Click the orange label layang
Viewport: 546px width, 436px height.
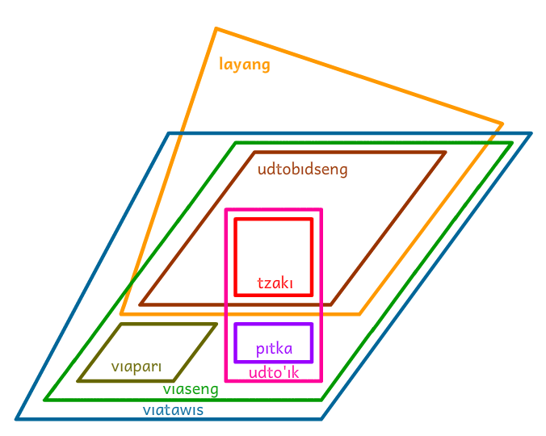click(x=245, y=65)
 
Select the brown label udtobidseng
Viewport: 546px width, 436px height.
click(x=302, y=170)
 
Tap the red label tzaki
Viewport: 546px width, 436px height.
click(x=274, y=283)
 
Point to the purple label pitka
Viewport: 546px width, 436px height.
click(x=274, y=350)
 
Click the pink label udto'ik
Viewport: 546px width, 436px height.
click(x=274, y=373)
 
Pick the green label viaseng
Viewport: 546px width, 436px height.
click(x=191, y=390)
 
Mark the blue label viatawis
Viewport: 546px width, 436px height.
click(x=173, y=410)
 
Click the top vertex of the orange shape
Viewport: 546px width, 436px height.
click(x=216, y=29)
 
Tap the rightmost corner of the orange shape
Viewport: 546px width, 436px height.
click(x=502, y=124)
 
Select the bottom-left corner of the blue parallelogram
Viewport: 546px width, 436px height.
click(x=17, y=419)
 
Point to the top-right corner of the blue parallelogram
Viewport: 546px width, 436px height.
click(x=531, y=133)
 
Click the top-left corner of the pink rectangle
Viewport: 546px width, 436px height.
click(x=226, y=210)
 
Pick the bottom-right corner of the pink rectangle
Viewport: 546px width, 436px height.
click(x=321, y=380)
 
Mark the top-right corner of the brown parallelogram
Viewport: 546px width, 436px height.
click(x=445, y=152)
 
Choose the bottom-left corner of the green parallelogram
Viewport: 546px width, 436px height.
click(x=45, y=400)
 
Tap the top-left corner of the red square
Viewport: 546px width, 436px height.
click(x=235, y=219)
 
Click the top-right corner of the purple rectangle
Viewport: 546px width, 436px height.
click(x=312, y=325)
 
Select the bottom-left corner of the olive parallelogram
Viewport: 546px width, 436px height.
click(x=78, y=380)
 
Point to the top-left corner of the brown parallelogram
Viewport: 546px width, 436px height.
click(x=254, y=152)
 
